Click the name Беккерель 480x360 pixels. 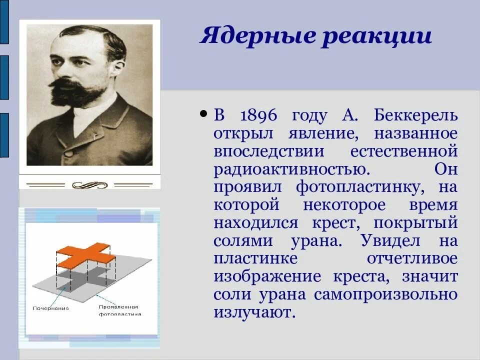[x=415, y=115]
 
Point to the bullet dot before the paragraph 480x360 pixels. [x=203, y=114]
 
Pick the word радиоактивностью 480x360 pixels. [x=292, y=169]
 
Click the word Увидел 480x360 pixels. [x=390, y=241]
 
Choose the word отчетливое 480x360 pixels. [x=412, y=259]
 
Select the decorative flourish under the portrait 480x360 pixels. [x=89, y=185]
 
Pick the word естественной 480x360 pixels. [x=404, y=151]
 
